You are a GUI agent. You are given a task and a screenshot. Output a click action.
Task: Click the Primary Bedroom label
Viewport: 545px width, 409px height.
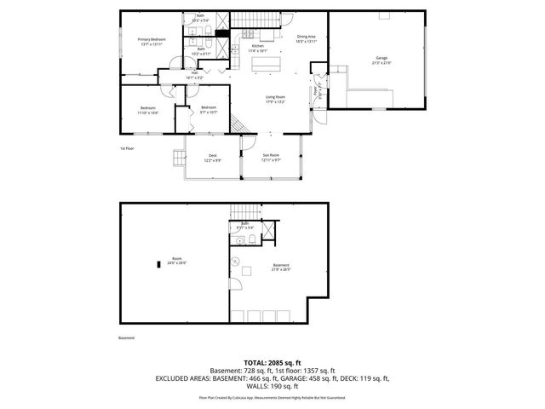[152, 42]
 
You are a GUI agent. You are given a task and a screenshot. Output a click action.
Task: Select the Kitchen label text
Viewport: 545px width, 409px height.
[269, 48]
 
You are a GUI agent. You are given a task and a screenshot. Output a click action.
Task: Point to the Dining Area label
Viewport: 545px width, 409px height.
[307, 39]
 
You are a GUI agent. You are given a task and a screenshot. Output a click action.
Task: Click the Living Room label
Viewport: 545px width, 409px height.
[274, 100]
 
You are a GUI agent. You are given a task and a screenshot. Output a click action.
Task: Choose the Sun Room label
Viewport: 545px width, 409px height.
[271, 157]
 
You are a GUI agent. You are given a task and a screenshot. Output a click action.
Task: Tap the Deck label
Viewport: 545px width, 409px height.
[212, 158]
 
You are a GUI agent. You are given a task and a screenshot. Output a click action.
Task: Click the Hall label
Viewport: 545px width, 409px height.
[194, 75]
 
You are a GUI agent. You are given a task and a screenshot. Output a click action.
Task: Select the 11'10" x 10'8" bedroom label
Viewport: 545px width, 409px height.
[148, 110]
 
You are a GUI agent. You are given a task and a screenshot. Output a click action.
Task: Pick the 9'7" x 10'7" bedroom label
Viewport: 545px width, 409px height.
[209, 109]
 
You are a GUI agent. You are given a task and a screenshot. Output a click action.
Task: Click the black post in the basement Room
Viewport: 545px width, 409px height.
[158, 264]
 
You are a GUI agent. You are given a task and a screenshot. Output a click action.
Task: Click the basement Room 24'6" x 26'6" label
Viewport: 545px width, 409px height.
[177, 260]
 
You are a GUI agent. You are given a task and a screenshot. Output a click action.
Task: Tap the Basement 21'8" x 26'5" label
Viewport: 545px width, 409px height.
[281, 268]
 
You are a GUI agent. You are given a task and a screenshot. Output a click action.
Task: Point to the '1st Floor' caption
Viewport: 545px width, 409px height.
[127, 147]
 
